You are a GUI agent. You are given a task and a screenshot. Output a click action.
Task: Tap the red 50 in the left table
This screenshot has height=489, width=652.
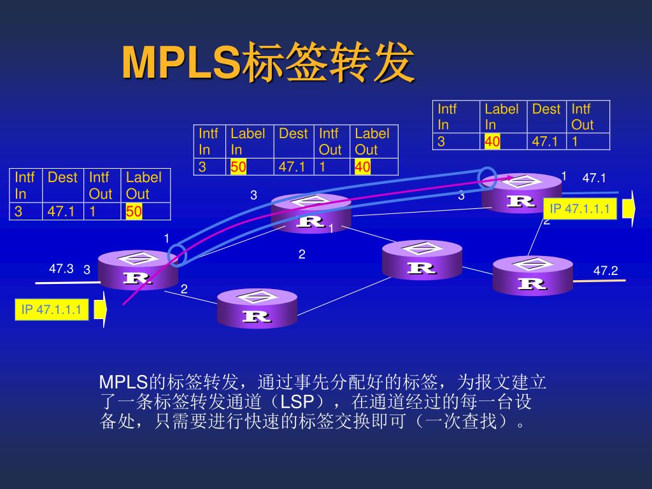coord(134,211)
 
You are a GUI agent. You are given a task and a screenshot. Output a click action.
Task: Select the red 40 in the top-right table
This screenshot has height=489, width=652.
coord(492,141)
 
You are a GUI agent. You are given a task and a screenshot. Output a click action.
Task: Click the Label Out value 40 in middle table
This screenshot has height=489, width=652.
coord(362,167)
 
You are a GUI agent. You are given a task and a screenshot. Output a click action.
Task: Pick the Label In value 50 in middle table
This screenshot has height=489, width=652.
coord(238,167)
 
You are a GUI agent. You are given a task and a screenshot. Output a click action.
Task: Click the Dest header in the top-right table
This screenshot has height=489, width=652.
coord(546,109)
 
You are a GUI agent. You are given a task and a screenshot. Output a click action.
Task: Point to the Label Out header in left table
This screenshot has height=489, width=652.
coord(143,185)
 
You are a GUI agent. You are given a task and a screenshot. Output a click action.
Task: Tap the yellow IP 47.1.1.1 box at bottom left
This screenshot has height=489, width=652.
coord(52,310)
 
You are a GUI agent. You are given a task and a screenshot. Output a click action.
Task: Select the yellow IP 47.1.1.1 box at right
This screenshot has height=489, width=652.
coord(580,209)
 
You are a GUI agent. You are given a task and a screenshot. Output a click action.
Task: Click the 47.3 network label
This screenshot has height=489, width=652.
coord(61,269)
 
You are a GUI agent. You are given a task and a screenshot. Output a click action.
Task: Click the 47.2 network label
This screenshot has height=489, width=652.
coord(606,271)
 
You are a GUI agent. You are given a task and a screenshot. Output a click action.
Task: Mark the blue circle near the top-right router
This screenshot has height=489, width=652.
coord(487,178)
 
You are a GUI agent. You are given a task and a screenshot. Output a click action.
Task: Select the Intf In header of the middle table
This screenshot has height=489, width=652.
coord(208,141)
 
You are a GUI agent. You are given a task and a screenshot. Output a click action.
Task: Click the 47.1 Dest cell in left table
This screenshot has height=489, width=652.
coord(62,211)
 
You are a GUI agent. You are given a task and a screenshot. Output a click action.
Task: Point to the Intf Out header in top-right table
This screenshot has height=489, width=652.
coord(581,117)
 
